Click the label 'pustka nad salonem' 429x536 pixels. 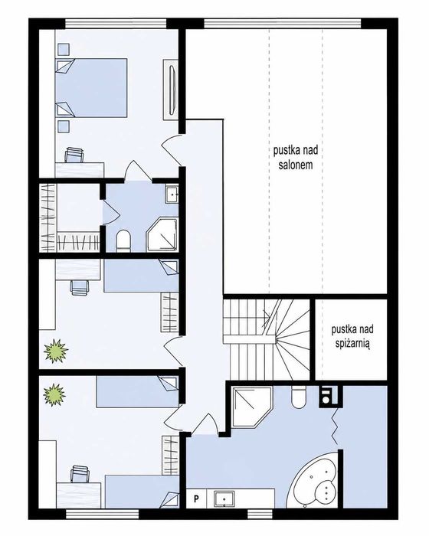point(296,158)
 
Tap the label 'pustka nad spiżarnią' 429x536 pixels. point(352,337)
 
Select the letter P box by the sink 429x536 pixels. point(196,498)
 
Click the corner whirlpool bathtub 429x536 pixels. point(314,481)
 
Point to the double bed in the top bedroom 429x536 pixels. point(91,88)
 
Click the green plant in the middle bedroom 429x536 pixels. point(56,351)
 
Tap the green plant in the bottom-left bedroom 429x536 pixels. point(54,395)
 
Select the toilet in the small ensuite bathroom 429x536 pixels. point(123,240)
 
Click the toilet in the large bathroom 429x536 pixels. point(299,397)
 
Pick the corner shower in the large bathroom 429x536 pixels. point(251,407)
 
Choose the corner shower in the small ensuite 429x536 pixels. point(162,234)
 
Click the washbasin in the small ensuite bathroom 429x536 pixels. point(172,194)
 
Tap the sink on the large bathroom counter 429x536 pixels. point(224,499)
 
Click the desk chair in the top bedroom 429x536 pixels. point(74,155)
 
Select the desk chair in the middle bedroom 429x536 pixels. point(80,286)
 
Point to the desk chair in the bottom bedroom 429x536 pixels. point(80,474)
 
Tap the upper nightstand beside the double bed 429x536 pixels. point(64,49)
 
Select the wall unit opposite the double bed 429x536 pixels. point(171,90)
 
